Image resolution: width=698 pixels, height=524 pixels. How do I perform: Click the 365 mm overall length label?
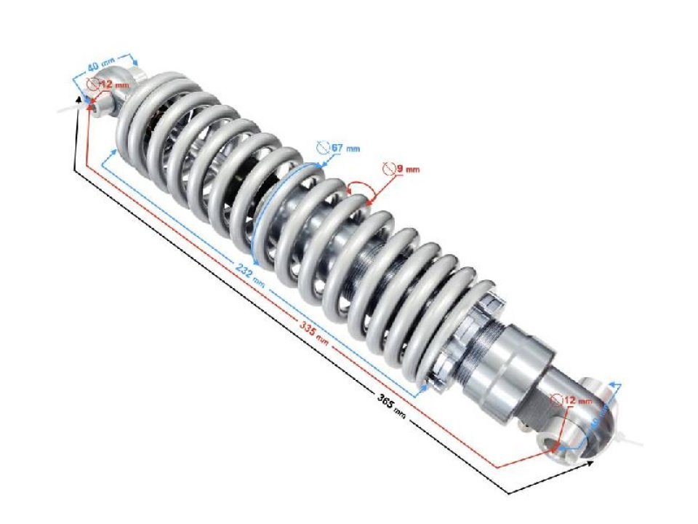(x=390, y=402)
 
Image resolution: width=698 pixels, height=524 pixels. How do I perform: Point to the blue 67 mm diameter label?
(x=345, y=148)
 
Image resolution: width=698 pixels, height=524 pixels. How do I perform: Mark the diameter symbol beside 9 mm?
(x=389, y=168)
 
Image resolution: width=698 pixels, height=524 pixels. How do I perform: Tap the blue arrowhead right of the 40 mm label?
(x=133, y=58)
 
